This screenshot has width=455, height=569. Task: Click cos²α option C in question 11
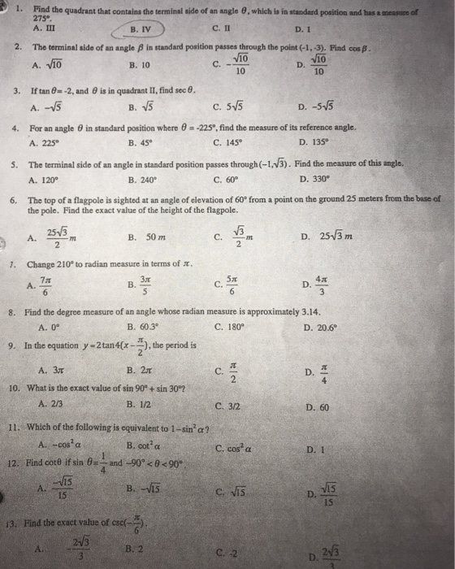point(236,447)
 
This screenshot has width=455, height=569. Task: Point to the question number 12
point(14,463)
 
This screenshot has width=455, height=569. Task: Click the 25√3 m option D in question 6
point(324,237)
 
